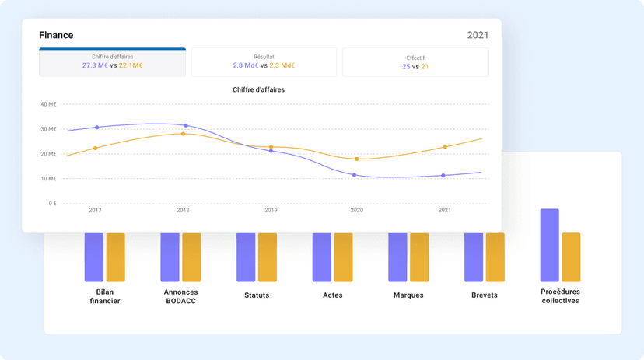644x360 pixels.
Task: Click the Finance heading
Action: [56, 35]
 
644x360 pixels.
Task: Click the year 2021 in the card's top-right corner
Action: [478, 35]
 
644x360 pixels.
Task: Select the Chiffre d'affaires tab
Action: [112, 62]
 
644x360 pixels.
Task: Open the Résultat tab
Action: [264, 62]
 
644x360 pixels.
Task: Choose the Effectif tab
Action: [415, 62]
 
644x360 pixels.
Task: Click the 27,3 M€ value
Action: [95, 66]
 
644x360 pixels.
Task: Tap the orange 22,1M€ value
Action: [131, 66]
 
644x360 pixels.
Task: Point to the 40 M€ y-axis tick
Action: [48, 104]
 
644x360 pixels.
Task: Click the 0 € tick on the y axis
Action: [51, 204]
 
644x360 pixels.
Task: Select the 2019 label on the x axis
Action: [271, 211]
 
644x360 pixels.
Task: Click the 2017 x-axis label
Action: [95, 211]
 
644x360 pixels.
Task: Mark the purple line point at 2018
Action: [185, 125]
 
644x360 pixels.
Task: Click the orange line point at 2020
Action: [356, 159]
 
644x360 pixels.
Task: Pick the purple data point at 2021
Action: [443, 176]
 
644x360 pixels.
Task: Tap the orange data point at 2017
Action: [96, 148]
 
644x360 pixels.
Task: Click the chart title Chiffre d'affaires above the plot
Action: [258, 90]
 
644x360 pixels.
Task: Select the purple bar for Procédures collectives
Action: [549, 245]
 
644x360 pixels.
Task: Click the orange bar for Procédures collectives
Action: [571, 257]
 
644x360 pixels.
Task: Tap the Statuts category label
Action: [257, 295]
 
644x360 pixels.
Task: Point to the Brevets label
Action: [484, 295]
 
